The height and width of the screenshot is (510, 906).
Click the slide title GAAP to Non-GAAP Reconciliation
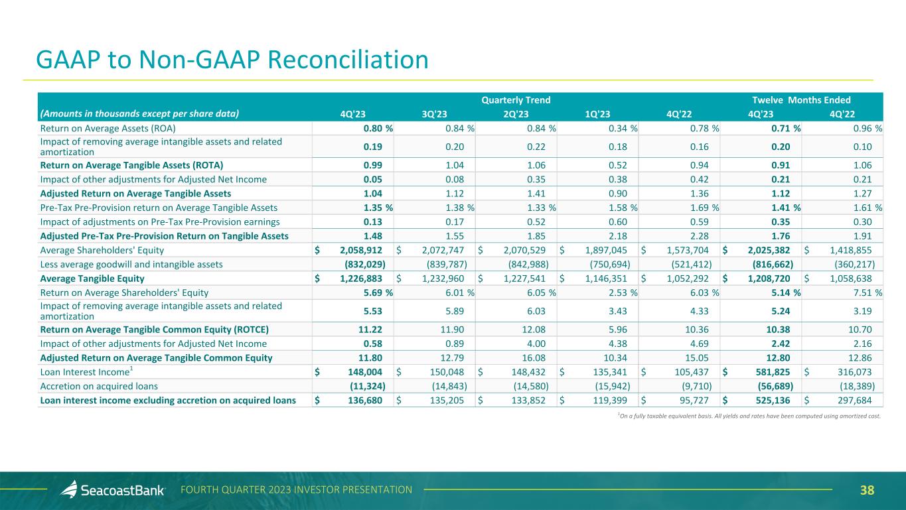click(x=232, y=60)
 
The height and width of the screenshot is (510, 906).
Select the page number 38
click(x=867, y=491)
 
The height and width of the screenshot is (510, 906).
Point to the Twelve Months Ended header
click(x=799, y=100)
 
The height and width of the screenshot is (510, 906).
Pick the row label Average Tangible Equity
click(x=92, y=278)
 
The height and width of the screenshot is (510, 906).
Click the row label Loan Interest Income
click(x=91, y=372)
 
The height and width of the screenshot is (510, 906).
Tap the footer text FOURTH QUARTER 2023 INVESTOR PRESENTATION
click(x=297, y=490)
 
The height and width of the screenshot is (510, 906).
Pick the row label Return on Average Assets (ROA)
click(x=108, y=128)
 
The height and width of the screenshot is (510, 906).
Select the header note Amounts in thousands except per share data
click(x=139, y=113)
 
